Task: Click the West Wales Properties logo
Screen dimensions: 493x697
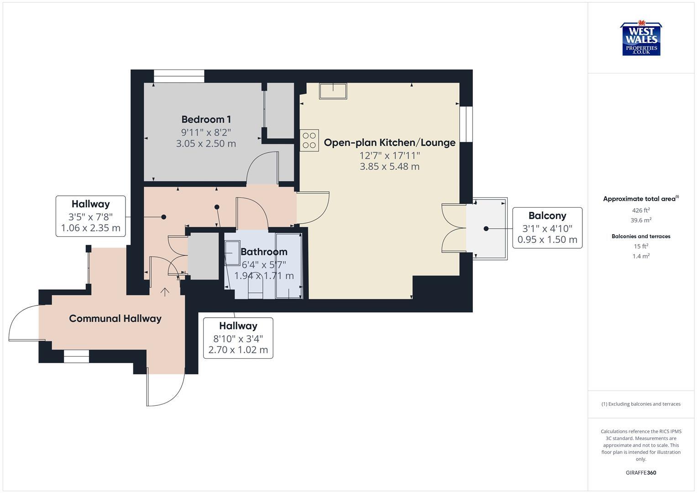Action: point(641,39)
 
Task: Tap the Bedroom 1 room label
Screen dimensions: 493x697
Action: point(206,120)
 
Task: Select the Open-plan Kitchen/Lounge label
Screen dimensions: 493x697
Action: point(389,142)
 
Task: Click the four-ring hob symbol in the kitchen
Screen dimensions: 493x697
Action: point(309,140)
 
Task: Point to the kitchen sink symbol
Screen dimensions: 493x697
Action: point(333,91)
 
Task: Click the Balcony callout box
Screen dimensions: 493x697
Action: point(547,228)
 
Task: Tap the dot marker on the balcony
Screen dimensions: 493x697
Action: point(486,229)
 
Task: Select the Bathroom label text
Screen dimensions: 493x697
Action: point(264,252)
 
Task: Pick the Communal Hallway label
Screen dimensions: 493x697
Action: point(115,319)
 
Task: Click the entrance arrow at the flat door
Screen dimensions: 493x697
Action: point(164,292)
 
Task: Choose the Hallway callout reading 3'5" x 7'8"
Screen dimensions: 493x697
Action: point(90,216)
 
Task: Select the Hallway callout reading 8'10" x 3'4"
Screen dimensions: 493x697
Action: point(238,338)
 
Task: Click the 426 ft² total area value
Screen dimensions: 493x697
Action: point(641,210)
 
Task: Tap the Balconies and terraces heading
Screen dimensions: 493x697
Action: point(641,236)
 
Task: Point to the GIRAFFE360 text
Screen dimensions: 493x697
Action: point(641,473)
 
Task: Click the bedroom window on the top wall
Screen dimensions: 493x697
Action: point(179,76)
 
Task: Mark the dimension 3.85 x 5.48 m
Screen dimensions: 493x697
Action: point(389,167)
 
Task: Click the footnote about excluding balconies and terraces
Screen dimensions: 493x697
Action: point(641,404)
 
